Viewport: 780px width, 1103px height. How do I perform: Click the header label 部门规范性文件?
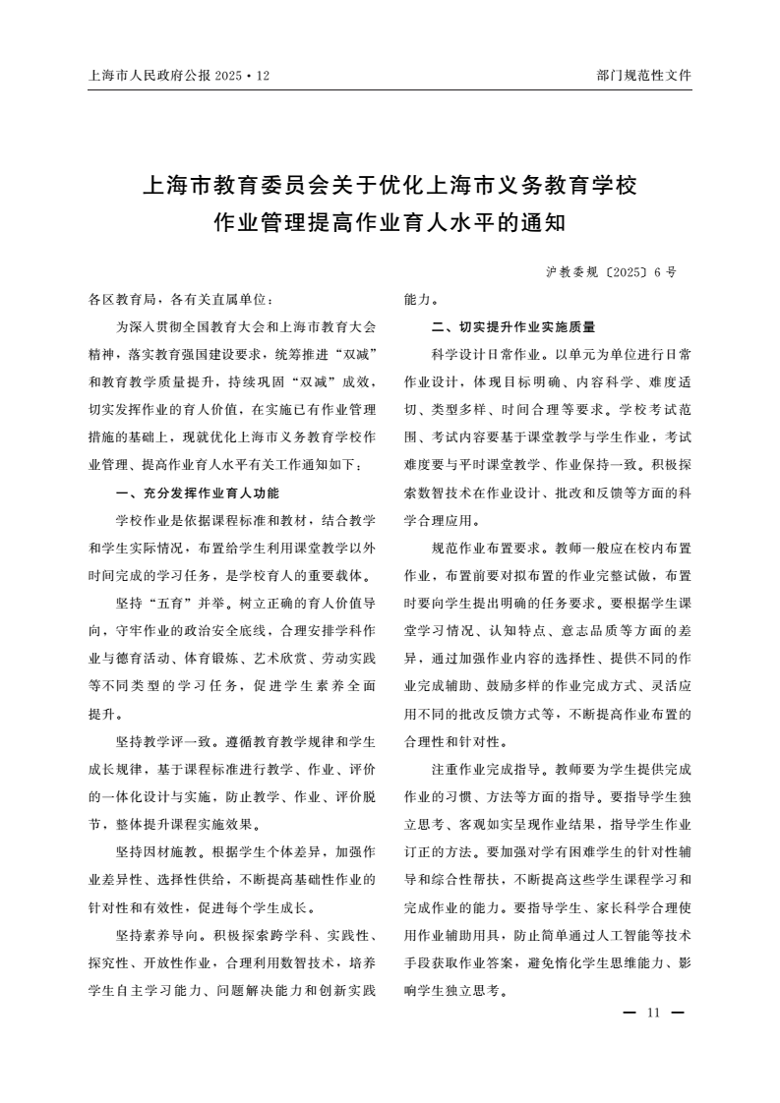[644, 75]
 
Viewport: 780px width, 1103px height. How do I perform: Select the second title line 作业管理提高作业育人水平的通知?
[390, 223]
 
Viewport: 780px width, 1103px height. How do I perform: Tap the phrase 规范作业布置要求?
[486, 548]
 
